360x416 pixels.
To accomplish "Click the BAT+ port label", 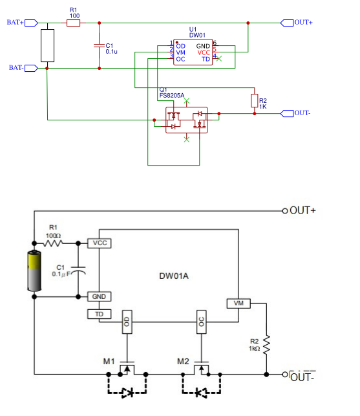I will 15,23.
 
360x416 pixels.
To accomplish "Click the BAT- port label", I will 15,67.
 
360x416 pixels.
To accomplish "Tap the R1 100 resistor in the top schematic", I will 73,23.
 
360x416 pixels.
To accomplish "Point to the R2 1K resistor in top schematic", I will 255,100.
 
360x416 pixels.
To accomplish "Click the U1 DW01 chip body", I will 194,52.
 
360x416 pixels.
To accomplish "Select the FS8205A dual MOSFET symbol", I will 187,120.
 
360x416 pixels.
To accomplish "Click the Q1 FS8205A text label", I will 171,93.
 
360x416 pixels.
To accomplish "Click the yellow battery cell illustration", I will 34,272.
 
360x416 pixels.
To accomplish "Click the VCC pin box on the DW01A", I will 99,243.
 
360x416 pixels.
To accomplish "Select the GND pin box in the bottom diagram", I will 99,296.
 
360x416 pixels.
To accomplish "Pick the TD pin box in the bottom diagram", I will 99,314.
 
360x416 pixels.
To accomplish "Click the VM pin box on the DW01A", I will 238,303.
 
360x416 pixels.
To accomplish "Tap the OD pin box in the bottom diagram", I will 127,322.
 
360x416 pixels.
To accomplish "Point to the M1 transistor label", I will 108,360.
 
